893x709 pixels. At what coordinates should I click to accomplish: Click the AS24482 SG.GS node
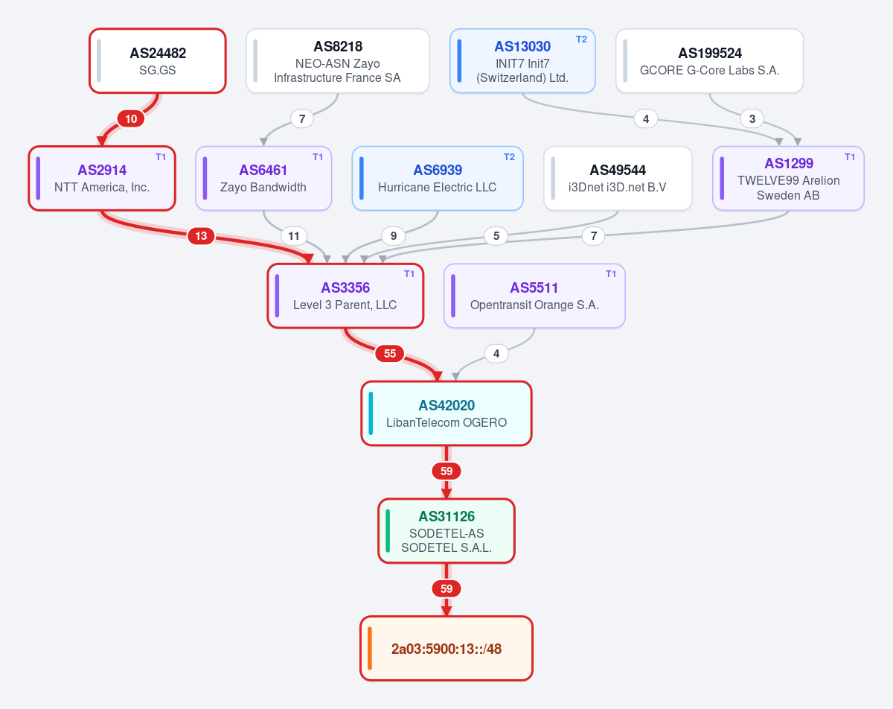coord(158,60)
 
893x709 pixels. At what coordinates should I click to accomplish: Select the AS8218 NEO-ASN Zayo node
coord(337,60)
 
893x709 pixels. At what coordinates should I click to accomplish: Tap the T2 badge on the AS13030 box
coord(581,39)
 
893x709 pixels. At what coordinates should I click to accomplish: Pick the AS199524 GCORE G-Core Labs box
coord(710,60)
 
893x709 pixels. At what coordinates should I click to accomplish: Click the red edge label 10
coord(131,119)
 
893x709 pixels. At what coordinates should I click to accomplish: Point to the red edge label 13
coord(201,236)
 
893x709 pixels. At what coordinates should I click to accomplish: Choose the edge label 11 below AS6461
coord(294,236)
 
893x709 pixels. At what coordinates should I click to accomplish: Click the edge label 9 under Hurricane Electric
coord(394,236)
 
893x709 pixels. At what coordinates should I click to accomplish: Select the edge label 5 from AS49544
coord(496,236)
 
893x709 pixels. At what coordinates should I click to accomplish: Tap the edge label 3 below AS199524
coord(752,119)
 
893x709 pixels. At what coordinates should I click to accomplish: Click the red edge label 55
coord(390,354)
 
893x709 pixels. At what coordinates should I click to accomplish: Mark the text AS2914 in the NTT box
coord(102,171)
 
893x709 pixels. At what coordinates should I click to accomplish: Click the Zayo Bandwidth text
coord(263,188)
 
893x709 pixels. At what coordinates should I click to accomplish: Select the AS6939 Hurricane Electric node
coord(438,178)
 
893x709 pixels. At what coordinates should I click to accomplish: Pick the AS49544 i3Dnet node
coord(618,178)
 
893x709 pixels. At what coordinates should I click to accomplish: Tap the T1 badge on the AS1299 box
coord(849,157)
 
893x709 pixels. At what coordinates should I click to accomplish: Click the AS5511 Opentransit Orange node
coord(534,296)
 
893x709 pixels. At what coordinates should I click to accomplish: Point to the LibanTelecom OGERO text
coord(446,422)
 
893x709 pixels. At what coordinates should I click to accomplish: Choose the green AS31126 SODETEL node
coord(446,531)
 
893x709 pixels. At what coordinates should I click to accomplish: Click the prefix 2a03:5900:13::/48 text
coord(446,649)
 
